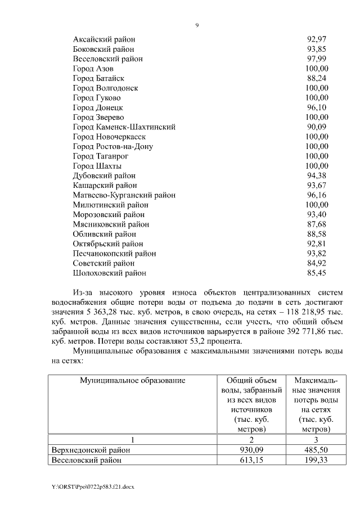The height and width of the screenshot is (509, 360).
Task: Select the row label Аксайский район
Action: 104,39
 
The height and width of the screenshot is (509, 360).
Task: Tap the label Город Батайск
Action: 98,78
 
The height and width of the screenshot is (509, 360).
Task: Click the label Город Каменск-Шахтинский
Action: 124,127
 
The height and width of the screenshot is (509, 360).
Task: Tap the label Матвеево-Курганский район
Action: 124,195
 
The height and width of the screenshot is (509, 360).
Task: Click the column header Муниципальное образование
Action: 132,381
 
